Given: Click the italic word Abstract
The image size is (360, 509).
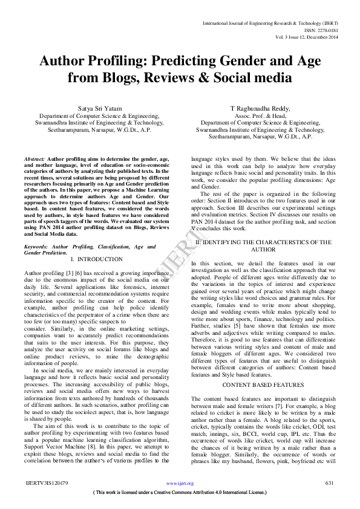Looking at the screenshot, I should point(34,158).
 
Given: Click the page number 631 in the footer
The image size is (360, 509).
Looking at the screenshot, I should point(329,501).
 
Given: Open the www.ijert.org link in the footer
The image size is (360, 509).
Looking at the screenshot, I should point(180,501).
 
